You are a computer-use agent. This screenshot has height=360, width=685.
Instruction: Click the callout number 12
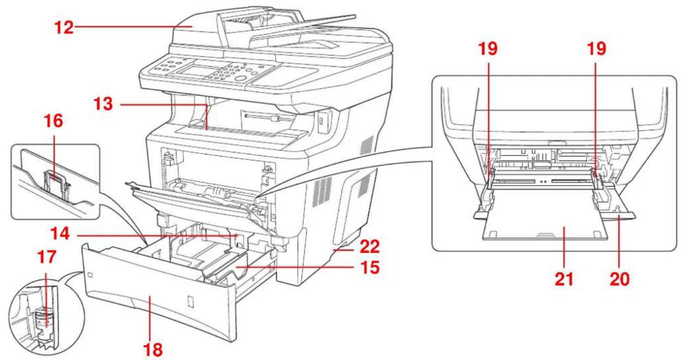coord(64,27)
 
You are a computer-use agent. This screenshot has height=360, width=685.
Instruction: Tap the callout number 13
coord(103,104)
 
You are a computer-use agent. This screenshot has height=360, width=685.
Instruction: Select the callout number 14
coord(60,234)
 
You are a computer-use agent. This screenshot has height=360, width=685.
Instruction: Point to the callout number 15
coord(370,267)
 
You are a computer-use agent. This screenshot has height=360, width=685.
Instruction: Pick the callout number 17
coord(47,257)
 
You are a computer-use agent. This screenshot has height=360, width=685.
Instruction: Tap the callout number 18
coord(153,349)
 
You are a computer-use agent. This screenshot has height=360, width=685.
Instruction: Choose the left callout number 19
coord(488,49)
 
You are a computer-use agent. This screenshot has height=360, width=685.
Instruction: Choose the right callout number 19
coord(596,49)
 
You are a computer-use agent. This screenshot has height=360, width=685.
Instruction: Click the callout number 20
coord(620,279)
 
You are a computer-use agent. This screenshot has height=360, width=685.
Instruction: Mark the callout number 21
coord(564,279)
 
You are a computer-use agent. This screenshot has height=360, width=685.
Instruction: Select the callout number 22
coord(370,247)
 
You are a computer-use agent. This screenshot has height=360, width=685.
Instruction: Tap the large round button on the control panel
coord(241,79)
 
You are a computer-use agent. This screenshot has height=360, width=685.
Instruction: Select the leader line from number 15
coord(296,267)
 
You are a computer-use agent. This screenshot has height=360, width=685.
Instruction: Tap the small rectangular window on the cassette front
coord(190,301)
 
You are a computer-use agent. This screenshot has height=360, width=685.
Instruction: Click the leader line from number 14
coord(157,235)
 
